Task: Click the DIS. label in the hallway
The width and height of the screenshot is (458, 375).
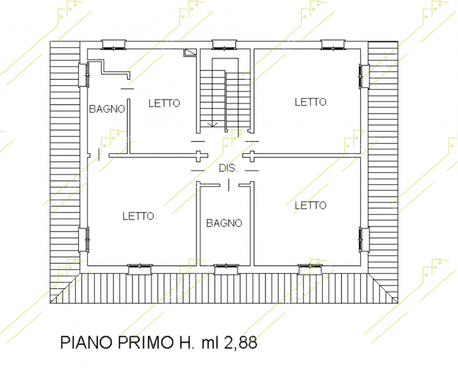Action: click(228, 168)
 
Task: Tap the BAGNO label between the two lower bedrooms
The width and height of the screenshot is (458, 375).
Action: click(224, 223)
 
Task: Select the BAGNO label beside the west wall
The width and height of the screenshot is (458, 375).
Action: click(107, 109)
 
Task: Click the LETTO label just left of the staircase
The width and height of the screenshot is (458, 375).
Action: click(164, 103)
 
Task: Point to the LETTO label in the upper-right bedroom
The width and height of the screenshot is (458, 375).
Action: click(310, 102)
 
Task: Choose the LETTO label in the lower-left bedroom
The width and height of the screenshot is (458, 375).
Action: click(138, 216)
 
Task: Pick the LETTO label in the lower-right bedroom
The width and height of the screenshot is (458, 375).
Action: click(310, 205)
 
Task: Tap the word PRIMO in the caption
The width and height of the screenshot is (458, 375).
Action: click(145, 342)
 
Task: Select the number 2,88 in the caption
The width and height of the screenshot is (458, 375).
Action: click(240, 342)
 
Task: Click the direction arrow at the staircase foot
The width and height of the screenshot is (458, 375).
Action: click(212, 124)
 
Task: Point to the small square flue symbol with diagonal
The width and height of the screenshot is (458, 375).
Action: click(190, 52)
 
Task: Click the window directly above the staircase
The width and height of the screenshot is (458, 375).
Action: click(224, 45)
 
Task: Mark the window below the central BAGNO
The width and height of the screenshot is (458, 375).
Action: click(226, 269)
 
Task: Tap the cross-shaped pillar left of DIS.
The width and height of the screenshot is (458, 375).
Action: click(198, 156)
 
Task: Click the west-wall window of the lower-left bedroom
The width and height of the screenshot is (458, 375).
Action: click(84, 240)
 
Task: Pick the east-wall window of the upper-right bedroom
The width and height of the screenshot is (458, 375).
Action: click(364, 76)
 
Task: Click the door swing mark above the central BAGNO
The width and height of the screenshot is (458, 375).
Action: click(228, 185)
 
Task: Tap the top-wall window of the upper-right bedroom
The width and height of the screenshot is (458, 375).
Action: click(333, 45)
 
